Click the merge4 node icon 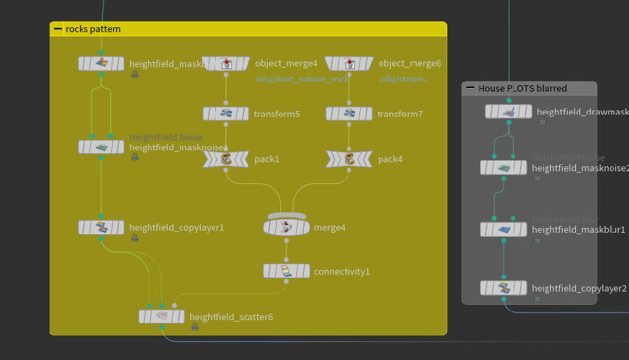pyautogui.click(x=287, y=227)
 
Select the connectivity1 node pyautogui.click(x=287, y=271)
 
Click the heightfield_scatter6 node pyautogui.click(x=162, y=317)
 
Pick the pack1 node pyautogui.click(x=226, y=159)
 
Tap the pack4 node pyautogui.click(x=349, y=159)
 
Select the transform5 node pyautogui.click(x=226, y=113)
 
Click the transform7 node pyautogui.click(x=349, y=113)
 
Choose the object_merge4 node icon pyautogui.click(x=226, y=64)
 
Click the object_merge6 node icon pyautogui.click(x=349, y=64)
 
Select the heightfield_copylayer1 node pyautogui.click(x=101, y=227)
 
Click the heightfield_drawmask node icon pyautogui.click(x=509, y=111)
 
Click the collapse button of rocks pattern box pyautogui.click(x=57, y=29)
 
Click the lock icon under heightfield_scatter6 pyautogui.click(x=194, y=327)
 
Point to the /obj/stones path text pyautogui.click(x=403, y=80)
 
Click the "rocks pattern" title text pyautogui.click(x=93, y=29)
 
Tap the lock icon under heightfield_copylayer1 pyautogui.click(x=134, y=238)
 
